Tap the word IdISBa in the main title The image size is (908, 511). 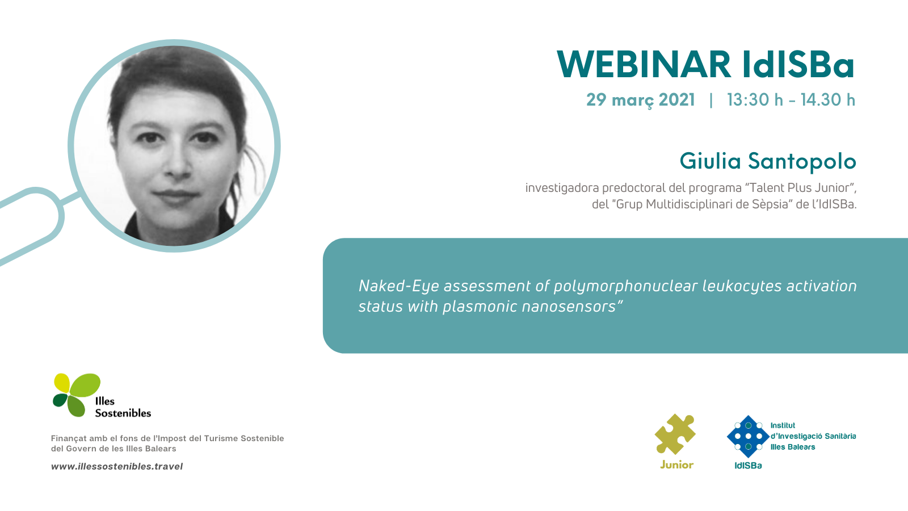(798, 65)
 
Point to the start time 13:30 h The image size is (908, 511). (755, 100)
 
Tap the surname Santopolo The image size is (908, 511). (802, 161)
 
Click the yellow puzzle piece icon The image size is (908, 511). (675, 434)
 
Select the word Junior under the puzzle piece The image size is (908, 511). (676, 465)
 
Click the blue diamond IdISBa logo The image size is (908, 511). (748, 436)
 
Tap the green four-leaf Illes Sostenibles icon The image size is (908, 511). (76, 394)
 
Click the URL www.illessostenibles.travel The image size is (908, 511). (117, 467)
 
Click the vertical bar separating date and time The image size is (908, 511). (711, 100)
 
